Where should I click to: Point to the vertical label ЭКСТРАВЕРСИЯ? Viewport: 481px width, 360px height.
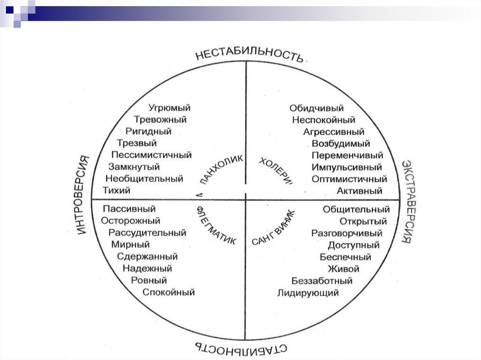pyautogui.click(x=407, y=201)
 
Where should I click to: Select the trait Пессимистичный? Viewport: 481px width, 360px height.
pyautogui.click(x=152, y=155)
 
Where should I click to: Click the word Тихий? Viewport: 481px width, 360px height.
pyautogui.click(x=116, y=190)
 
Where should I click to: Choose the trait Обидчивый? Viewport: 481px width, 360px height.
pyautogui.click(x=317, y=108)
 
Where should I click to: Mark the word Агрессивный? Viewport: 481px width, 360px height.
pyautogui.click(x=334, y=132)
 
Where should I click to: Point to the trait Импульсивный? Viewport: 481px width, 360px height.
pyautogui.click(x=347, y=167)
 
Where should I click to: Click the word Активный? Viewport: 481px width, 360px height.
pyautogui.click(x=359, y=191)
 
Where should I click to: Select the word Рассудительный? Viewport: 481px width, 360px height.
pyautogui.click(x=147, y=233)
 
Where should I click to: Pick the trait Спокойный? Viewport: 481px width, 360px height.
pyautogui.click(x=169, y=292)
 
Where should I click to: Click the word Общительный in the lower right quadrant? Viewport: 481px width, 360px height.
pyautogui.click(x=356, y=209)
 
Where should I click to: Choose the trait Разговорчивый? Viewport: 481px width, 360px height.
pyautogui.click(x=347, y=233)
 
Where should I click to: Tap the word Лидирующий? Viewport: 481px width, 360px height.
pyautogui.click(x=308, y=293)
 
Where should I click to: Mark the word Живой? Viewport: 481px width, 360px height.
pyautogui.click(x=344, y=269)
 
